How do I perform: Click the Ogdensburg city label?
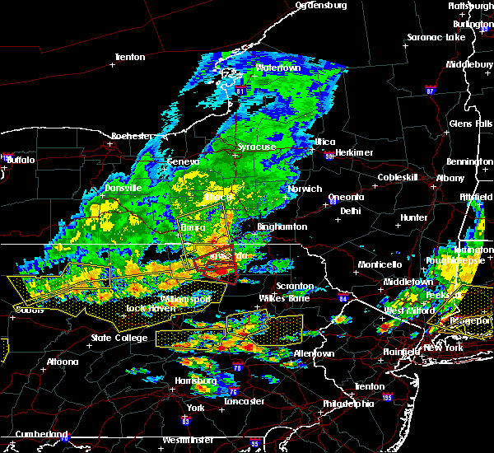pyautogui.click(x=321, y=5)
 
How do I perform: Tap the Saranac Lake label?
pyautogui.click(x=436, y=37)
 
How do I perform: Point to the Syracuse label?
pyautogui.click(x=257, y=147)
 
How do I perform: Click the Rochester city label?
pyautogui.click(x=133, y=135)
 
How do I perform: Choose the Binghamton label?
pyautogui.click(x=282, y=226)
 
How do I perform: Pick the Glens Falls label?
pyautogui.click(x=471, y=124)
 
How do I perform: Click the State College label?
pyautogui.click(x=119, y=338)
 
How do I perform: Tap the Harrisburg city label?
pyautogui.click(x=196, y=381)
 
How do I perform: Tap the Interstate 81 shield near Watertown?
pyautogui.click(x=240, y=90)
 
